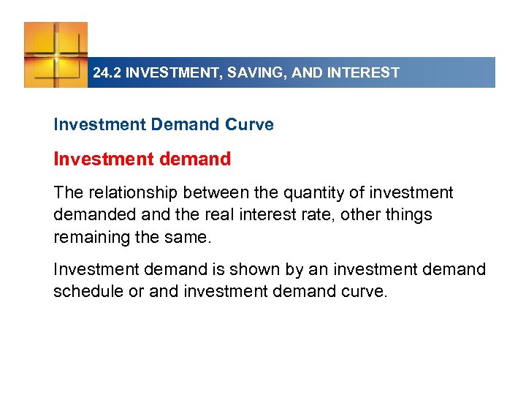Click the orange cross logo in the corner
[x=56, y=54]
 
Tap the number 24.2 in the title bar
[x=106, y=73]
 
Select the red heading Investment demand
[x=142, y=159]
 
